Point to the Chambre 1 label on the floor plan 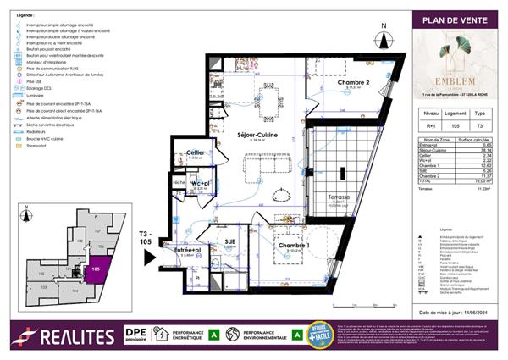click(293, 246)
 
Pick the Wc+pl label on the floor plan click(201, 183)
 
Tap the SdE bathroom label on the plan click(229, 241)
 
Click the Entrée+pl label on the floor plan click(187, 251)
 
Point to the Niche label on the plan click(179, 183)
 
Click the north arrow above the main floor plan click(384, 36)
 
